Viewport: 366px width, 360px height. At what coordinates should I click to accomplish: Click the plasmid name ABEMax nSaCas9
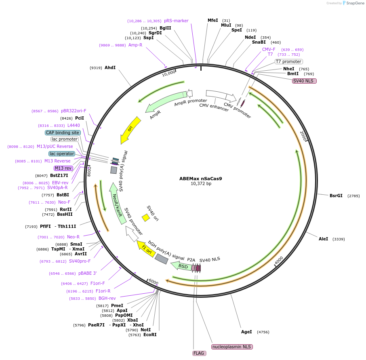200,178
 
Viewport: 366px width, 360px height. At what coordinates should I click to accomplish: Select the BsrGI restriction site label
336,196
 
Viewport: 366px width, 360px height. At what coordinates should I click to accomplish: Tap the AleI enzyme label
323,239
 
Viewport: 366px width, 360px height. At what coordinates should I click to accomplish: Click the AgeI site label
246,332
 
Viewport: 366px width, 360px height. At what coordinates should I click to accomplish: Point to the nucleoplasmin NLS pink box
232,347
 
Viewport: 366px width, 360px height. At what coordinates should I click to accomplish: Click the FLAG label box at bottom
199,353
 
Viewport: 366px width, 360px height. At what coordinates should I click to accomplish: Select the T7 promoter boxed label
288,61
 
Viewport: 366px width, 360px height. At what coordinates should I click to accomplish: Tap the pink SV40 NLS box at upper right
304,81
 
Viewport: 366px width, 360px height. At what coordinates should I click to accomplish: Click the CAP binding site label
63,133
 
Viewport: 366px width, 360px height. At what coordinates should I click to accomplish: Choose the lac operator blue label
62,154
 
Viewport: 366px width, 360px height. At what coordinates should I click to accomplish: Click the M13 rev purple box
63,168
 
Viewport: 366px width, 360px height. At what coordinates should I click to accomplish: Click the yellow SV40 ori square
146,217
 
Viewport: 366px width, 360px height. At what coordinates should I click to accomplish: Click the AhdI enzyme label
110,67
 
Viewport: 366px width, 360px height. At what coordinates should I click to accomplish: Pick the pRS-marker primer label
176,21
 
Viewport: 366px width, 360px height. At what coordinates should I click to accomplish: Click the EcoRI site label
150,335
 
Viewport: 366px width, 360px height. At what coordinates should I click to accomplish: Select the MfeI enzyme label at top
212,20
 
